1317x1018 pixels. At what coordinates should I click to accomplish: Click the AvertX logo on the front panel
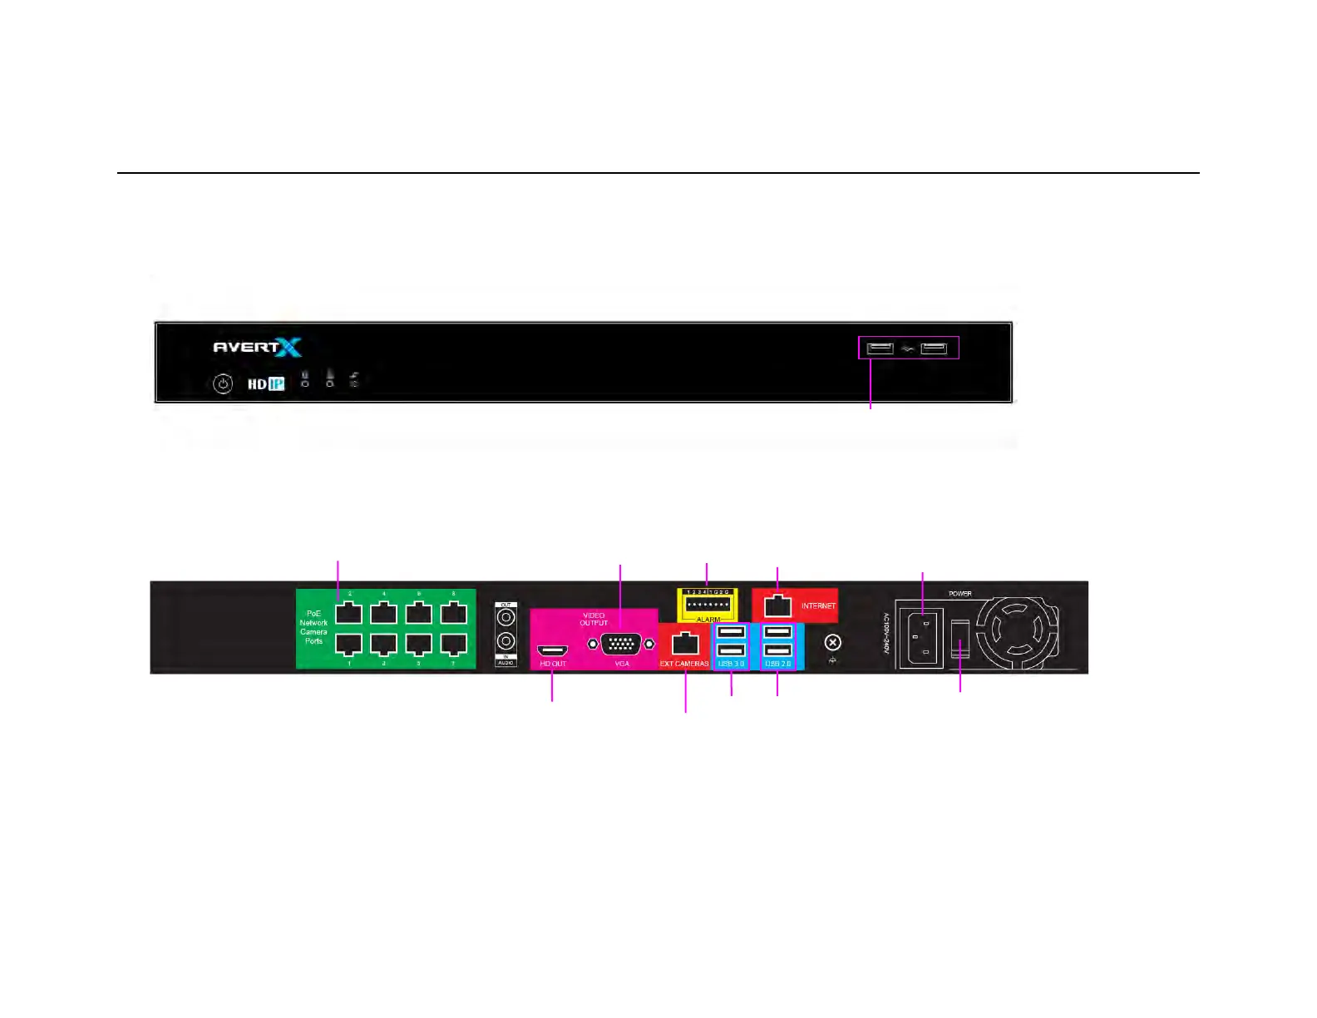(257, 347)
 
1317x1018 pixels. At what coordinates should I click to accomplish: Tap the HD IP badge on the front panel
(266, 383)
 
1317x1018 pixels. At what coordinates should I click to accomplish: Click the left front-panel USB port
(880, 348)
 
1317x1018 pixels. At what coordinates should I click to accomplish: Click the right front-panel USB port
(934, 348)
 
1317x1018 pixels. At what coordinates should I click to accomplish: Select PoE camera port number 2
(348, 613)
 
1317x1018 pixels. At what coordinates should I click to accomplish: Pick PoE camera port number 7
(453, 644)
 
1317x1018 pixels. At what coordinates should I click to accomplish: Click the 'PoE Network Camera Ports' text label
(313, 627)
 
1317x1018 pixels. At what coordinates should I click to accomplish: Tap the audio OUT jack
(506, 617)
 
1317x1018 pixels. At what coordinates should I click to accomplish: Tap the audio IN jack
(506, 641)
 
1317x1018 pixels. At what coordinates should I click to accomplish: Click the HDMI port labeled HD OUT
(553, 650)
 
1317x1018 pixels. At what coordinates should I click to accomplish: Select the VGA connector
(621, 644)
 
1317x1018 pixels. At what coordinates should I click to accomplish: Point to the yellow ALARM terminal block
(708, 605)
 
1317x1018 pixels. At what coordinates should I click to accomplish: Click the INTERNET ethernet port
(777, 605)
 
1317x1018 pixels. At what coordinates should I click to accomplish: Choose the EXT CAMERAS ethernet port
(684, 643)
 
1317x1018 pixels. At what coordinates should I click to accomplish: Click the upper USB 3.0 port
(731, 632)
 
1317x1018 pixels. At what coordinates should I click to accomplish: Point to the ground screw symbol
(832, 642)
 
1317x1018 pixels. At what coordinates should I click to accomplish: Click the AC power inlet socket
(920, 638)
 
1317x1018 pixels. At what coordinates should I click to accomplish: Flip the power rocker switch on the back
(960, 640)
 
